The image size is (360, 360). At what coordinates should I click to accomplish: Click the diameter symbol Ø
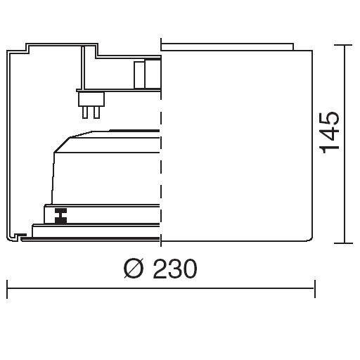coord(134,269)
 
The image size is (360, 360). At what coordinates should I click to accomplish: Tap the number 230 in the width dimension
coord(175,269)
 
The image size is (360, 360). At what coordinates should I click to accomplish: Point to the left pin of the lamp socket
coord(85,112)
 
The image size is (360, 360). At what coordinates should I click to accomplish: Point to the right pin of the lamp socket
coord(97,112)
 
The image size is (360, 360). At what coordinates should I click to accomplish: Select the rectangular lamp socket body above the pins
coord(91,99)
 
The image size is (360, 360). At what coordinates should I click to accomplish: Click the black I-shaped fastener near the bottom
coord(60,216)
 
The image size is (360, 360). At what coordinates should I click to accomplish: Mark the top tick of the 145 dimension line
coord(343,45)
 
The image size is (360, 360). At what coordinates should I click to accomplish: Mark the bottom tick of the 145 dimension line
coord(344,243)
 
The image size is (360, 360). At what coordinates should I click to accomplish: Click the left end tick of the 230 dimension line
coord(7,289)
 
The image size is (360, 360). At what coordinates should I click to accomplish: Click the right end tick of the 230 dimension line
coord(315,289)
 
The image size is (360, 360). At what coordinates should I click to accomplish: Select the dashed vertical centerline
coord(161,142)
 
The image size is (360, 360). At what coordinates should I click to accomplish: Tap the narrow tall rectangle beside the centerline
coord(139,75)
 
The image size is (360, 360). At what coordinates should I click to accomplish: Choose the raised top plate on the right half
coord(227,46)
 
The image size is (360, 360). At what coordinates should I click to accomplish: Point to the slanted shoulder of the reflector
coord(62,145)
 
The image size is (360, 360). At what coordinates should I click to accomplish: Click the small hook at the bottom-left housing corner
coord(19,236)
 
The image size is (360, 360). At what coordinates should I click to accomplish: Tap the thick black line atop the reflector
coord(134,131)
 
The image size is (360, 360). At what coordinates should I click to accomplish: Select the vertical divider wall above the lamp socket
coord(83,67)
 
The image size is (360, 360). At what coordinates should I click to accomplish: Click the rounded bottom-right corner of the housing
coord(311,238)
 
